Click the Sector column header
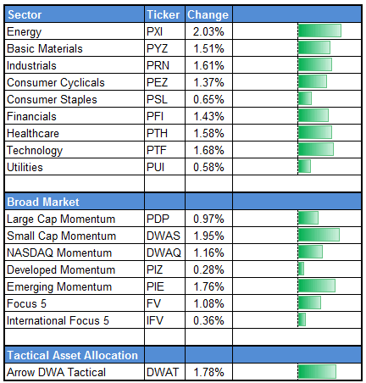[x=25, y=14]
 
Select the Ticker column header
[x=163, y=14]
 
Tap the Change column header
[x=206, y=14]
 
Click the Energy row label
[x=23, y=31]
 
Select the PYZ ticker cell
[x=158, y=48]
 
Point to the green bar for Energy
[x=319, y=31]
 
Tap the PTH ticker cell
[x=158, y=133]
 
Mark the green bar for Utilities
[x=304, y=167]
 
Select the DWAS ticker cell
[x=163, y=236]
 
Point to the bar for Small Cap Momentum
[x=319, y=236]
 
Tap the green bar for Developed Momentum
[x=301, y=269]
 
